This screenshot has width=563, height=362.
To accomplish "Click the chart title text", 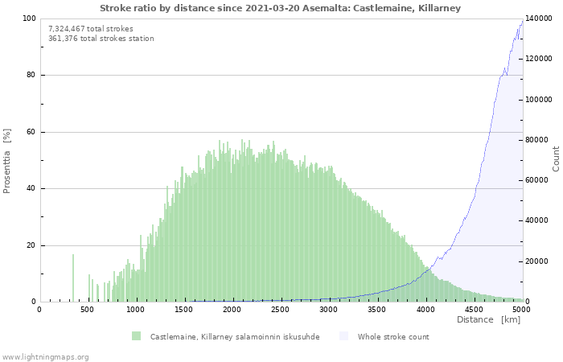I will click(281, 8).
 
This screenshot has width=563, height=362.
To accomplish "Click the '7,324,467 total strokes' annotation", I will click(91, 29).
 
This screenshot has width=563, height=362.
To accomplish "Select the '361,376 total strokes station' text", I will click(101, 39).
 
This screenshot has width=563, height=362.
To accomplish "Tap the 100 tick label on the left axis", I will click(29, 19).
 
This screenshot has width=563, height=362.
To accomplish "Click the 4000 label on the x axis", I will click(425, 310).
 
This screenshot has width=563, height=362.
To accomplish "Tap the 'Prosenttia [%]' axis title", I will click(8, 160).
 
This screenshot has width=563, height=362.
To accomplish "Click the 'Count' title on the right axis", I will click(556, 158).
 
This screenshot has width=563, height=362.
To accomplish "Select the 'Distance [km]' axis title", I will click(488, 320).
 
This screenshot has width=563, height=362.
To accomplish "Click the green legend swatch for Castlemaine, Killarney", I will click(137, 336).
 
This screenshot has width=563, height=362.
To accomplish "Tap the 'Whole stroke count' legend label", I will click(393, 337).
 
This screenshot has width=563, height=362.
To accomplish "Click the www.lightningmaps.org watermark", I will click(45, 357).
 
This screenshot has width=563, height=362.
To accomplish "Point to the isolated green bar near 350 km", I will click(73, 278).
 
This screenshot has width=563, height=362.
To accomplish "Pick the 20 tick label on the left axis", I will click(31, 245).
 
